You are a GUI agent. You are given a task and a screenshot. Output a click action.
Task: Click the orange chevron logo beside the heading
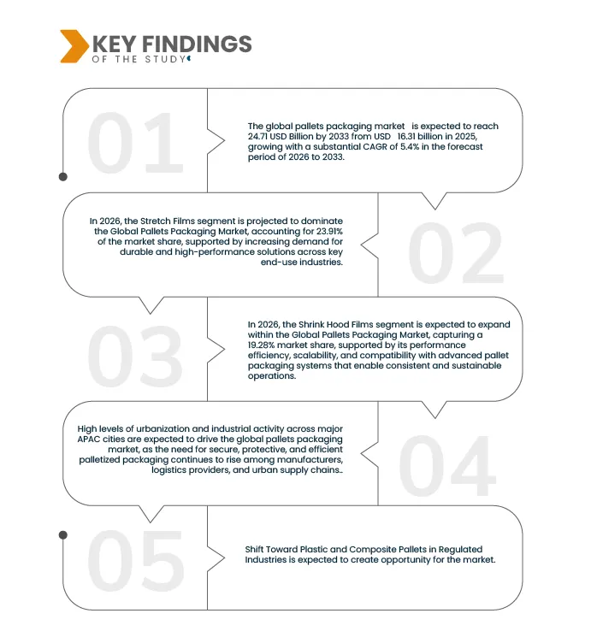point(74,46)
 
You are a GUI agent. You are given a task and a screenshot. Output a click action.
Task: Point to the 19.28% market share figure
point(265,345)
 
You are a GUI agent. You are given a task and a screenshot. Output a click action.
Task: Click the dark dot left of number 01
point(62,177)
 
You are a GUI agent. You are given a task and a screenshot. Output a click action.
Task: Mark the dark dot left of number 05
point(62,534)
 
